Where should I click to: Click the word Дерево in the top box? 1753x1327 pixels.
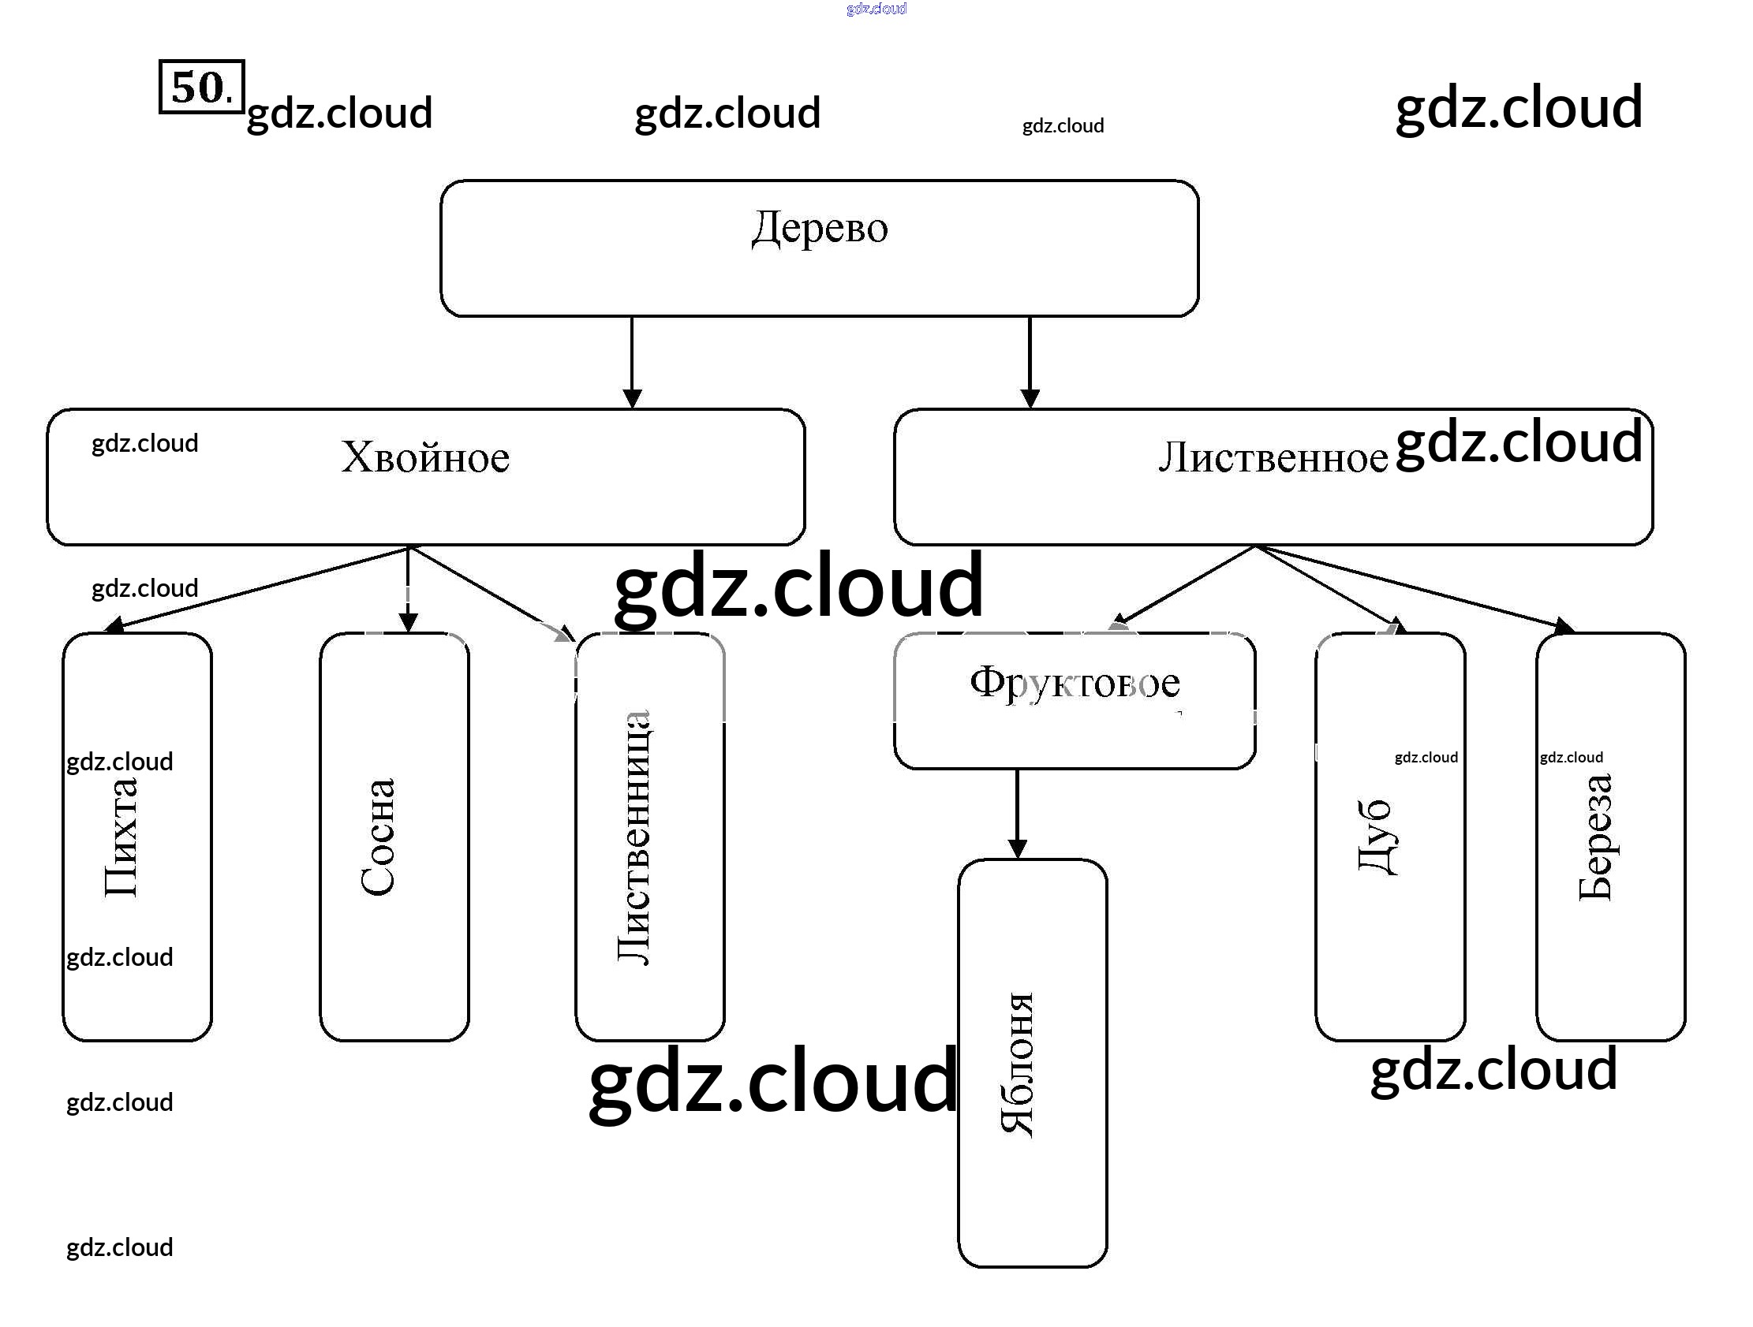pos(820,228)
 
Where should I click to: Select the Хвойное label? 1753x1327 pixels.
pos(424,457)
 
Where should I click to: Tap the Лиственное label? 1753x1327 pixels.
pos(1273,458)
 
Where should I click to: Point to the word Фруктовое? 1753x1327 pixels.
pos(1075,682)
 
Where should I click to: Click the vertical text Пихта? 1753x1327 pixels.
pos(121,837)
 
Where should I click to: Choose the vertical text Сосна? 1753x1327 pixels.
pos(377,837)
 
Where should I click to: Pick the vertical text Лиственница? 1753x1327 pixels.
pos(634,837)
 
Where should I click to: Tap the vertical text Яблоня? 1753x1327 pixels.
pos(1017,1064)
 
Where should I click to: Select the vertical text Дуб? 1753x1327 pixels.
pos(1375,837)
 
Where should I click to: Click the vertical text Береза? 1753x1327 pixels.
pos(1595,837)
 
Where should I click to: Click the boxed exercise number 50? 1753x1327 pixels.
pos(201,87)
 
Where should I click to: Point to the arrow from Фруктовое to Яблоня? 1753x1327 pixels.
pos(1017,813)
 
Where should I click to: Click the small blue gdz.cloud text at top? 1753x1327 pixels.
pos(876,9)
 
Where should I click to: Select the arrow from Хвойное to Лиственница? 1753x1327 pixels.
pos(492,594)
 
